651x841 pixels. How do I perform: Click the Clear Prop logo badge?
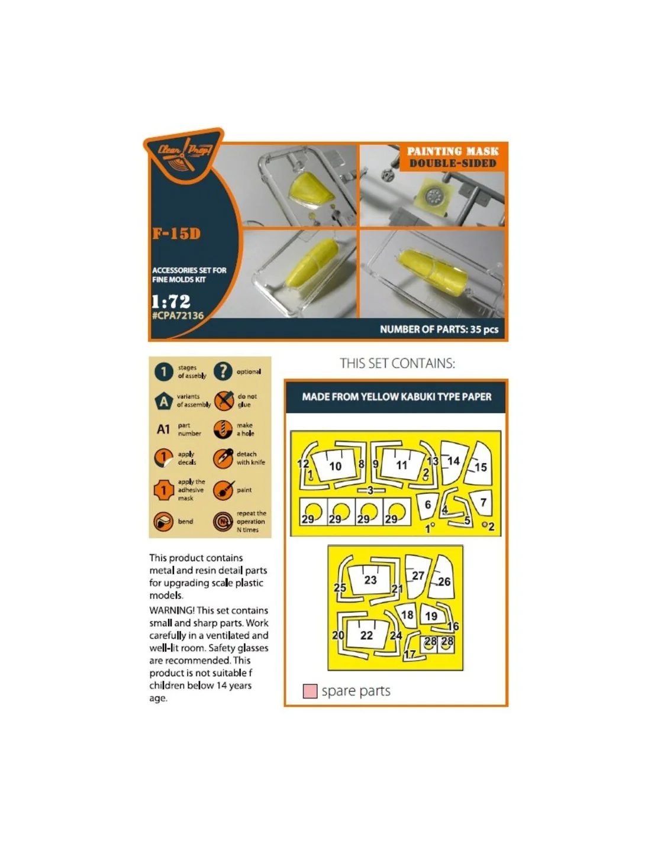pos(183,155)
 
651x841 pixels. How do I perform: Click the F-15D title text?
pos(176,234)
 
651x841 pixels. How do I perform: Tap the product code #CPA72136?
pos(178,315)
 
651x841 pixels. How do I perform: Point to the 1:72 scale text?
pos(171,301)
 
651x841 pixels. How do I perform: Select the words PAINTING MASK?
pos(452,151)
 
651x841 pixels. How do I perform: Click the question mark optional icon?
pos(223,371)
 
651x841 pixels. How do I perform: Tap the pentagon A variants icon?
pos(164,402)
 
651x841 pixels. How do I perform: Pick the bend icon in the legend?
pos(163,522)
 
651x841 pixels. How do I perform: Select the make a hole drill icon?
pos(223,429)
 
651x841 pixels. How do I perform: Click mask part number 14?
pos(453,461)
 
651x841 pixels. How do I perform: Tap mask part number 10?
pos(336,466)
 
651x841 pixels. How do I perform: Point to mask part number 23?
pos(370,580)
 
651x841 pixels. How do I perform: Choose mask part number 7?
pos(484,502)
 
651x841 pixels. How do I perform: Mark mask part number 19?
pos(431,616)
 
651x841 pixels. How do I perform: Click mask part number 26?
pos(444,582)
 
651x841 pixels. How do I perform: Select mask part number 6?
pos(428,504)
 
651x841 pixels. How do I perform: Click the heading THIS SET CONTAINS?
pos(397,363)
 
